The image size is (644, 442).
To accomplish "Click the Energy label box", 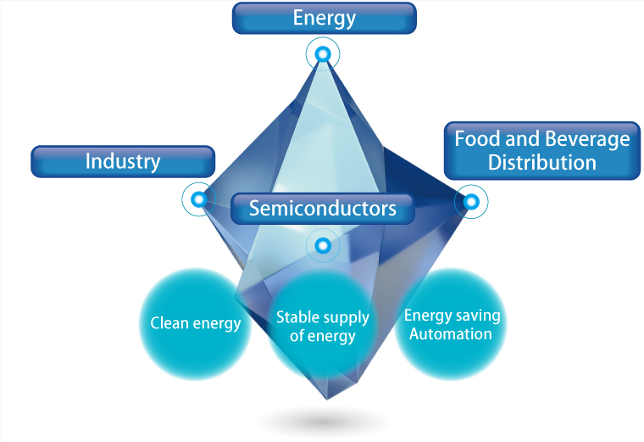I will click(x=324, y=18).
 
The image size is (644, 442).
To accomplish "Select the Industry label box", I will click(x=122, y=161).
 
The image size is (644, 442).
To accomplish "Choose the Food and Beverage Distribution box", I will click(x=542, y=150).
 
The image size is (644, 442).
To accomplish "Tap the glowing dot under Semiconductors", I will click(x=323, y=247).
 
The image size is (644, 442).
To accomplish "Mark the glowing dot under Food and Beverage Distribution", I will click(x=472, y=202).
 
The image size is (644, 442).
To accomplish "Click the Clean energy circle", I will click(x=196, y=323).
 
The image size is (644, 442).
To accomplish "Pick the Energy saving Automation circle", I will click(x=452, y=325).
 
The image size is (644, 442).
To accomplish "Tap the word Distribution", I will click(x=542, y=162).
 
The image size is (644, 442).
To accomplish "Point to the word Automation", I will click(x=451, y=334).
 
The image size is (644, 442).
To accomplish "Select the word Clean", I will click(x=168, y=323).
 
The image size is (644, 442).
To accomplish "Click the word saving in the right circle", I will click(x=479, y=316).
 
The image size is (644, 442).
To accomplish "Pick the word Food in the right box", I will click(x=474, y=138).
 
